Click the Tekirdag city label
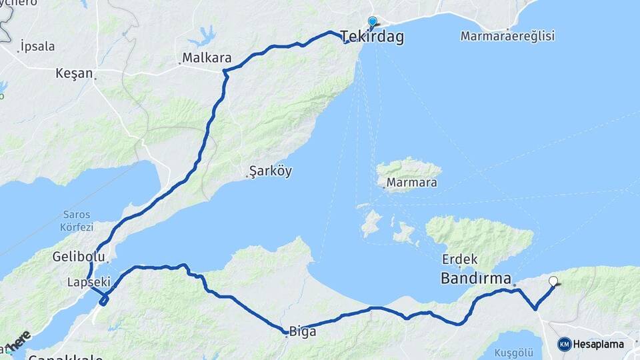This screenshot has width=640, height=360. click(372, 37)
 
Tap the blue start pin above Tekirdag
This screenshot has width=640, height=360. click(372, 22)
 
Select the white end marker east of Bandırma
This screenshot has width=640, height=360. click(553, 281)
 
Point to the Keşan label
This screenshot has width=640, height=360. click(75, 73)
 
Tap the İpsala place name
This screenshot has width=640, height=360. click(37, 47)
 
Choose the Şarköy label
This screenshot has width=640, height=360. click(271, 171)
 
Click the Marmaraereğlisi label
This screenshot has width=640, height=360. click(507, 36)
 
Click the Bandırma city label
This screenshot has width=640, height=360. click(475, 278)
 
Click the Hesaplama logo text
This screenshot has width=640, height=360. click(599, 344)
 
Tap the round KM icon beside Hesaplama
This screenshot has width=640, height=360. click(565, 344)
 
